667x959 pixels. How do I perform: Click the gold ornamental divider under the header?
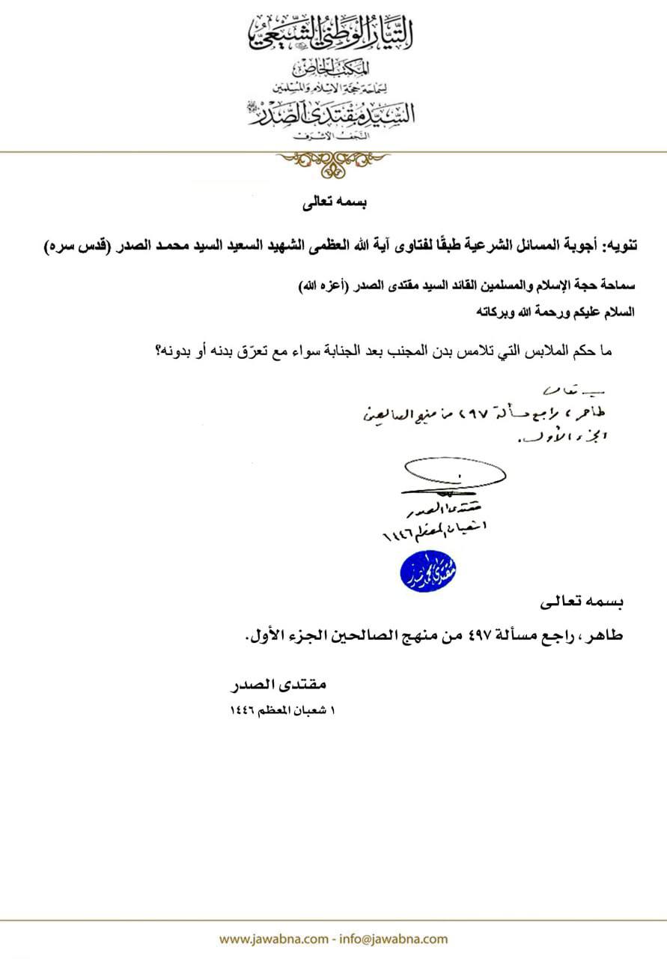[x=333, y=159]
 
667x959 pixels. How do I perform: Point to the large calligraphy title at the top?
[x=333, y=32]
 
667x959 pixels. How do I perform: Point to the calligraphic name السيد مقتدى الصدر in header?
[x=333, y=114]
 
